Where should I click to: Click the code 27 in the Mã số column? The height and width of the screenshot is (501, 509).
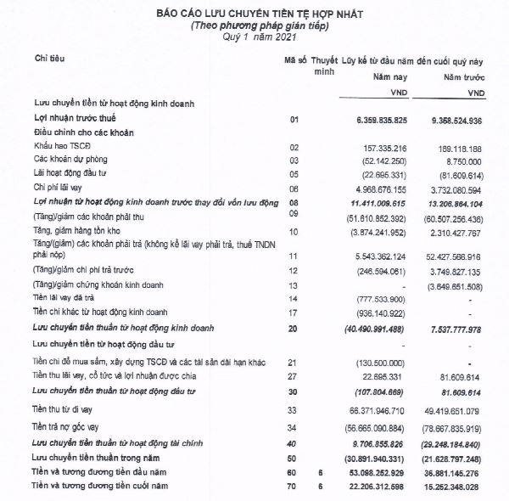pyautogui.click(x=294, y=374)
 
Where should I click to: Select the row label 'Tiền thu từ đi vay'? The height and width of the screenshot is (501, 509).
pyautogui.click(x=67, y=408)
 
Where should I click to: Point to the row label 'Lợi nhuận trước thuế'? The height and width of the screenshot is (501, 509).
pyautogui.click(x=76, y=119)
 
